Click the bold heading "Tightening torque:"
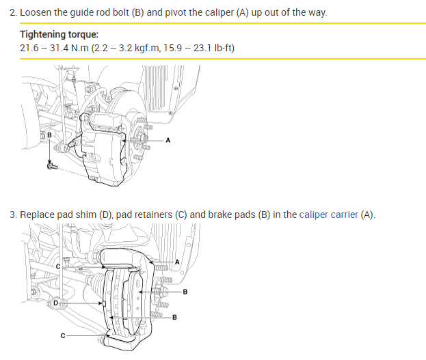click(x=59, y=34)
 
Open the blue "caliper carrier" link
click(x=328, y=214)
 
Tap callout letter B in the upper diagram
click(x=49, y=135)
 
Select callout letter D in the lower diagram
click(x=55, y=302)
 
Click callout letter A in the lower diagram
click(x=176, y=262)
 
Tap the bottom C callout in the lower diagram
click(x=62, y=336)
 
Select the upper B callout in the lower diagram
click(x=185, y=292)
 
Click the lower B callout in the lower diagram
click(x=174, y=318)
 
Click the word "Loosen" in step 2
click(x=36, y=13)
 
